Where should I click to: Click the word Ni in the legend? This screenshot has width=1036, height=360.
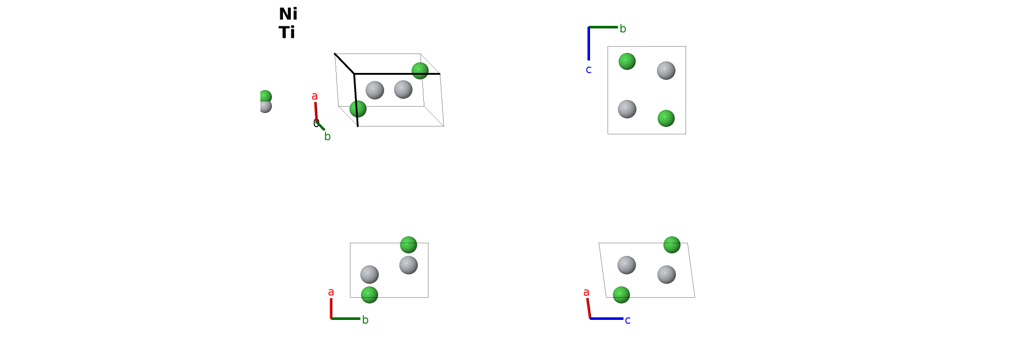288,14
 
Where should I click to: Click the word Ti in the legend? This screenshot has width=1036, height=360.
287,32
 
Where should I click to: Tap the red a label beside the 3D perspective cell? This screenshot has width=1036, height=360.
314,96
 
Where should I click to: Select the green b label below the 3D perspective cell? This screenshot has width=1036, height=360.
327,136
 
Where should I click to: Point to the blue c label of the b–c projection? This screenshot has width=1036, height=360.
589,70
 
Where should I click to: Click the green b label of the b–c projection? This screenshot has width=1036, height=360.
623,29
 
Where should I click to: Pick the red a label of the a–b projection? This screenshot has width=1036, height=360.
331,292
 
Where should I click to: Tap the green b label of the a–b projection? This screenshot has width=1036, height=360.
365,320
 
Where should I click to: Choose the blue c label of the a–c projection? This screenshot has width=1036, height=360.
627,320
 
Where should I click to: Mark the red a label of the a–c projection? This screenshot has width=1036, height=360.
586,292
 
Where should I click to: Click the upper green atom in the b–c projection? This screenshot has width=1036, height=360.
627,61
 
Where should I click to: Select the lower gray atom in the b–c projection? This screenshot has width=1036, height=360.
627,109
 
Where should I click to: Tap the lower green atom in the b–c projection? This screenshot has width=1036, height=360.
666,118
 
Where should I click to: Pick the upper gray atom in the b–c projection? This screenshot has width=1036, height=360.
666,71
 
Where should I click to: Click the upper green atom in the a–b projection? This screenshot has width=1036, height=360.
408,245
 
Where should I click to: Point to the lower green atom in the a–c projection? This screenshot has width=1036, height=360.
621,295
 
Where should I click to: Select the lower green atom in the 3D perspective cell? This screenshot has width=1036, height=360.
358,109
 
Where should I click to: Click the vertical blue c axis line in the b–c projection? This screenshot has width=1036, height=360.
589,43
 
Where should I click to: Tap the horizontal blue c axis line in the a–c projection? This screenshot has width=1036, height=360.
607,318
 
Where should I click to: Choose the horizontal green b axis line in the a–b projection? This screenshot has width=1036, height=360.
345,318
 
